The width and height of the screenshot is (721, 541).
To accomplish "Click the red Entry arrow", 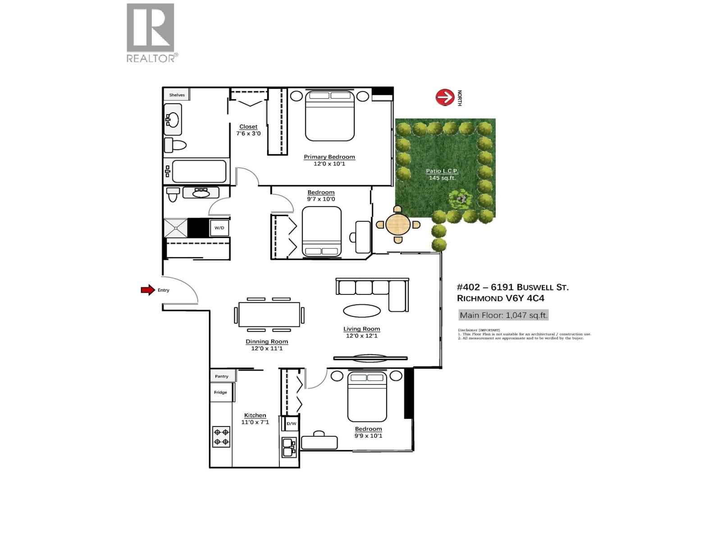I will pos(148,290).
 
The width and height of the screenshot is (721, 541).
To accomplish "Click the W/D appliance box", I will pos(219,228).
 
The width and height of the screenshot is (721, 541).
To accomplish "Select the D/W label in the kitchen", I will pos(292,423).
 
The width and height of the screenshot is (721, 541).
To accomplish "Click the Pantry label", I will pos(221,376).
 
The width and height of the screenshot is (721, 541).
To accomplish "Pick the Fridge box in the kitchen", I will pos(221,392).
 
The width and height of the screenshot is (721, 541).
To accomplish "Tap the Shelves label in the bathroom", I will pos(177,95).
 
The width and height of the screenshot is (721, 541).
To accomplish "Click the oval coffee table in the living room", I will pos(362,311).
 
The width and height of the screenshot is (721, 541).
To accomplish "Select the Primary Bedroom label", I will pos(329,157).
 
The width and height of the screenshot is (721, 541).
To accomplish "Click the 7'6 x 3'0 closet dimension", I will pos(248,133).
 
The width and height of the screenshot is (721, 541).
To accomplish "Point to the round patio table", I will pos(398,224).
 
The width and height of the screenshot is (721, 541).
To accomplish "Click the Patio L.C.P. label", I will pos(442,171).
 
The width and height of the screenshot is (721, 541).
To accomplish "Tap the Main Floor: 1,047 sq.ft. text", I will pos(503,315).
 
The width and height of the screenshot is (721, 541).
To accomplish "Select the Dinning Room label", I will pos(267,341).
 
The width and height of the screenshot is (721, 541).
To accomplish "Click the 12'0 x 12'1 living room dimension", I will pos(362,336).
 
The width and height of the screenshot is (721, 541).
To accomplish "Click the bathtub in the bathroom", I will pos(199,171).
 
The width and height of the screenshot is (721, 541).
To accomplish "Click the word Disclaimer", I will pos(468,330).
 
